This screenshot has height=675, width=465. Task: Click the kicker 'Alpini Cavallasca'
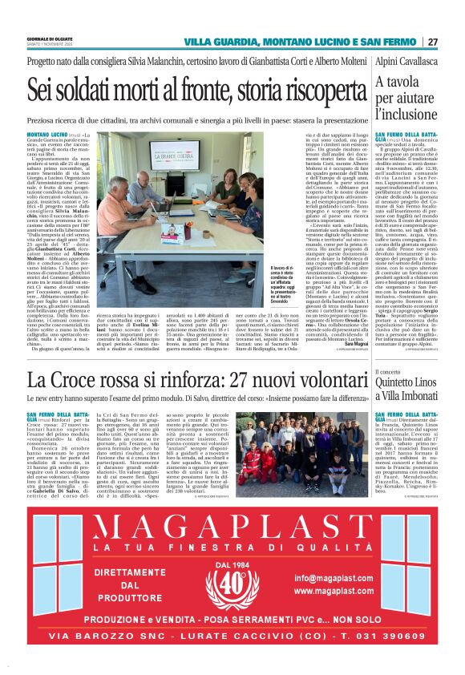tap(406, 60)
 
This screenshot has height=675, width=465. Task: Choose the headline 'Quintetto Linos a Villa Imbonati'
tap(409, 392)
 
